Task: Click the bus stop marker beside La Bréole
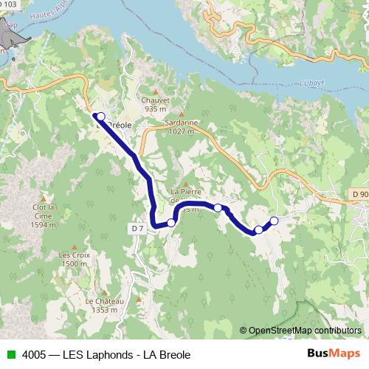tap(100, 117)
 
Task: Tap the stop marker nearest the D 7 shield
tap(171, 222)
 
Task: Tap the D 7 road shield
tap(138, 229)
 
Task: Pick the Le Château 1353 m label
tap(104, 306)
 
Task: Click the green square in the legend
tap(10, 354)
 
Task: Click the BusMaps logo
tap(328, 354)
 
